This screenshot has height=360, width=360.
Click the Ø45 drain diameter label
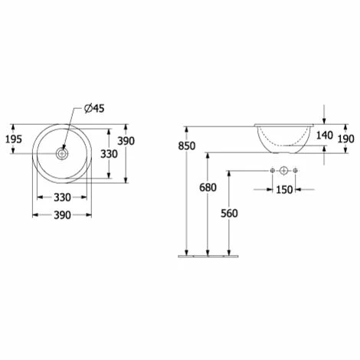pos(94,109)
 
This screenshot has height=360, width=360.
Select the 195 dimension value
pos(14,139)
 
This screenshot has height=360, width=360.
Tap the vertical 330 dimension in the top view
pos(109,154)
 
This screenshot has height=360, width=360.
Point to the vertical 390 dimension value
pos(126,141)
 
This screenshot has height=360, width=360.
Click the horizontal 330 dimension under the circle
pos(62,198)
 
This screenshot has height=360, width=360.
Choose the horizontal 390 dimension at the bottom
pos(62,215)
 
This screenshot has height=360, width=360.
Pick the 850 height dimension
pos(187,146)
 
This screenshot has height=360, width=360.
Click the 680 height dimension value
pos(208,188)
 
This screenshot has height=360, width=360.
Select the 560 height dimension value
pos(229,214)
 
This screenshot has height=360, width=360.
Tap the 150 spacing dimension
pos(284,190)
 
